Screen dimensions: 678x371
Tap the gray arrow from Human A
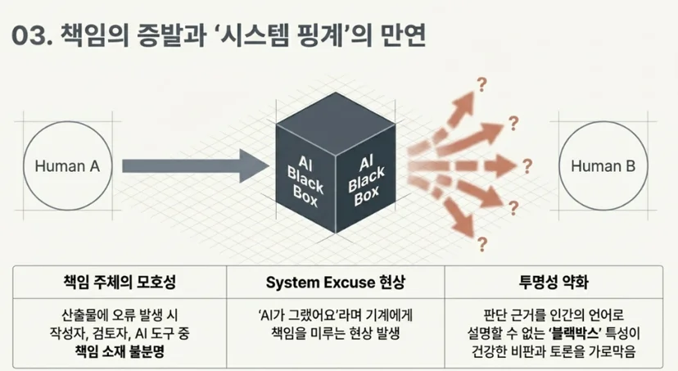coord(196,166)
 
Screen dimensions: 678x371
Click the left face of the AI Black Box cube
coord(305,179)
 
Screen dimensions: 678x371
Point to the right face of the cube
coord(366,179)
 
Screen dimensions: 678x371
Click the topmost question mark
coord(481,84)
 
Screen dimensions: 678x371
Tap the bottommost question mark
coord(482,244)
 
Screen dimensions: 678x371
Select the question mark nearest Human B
coord(527,166)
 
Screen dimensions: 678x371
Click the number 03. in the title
coord(32,35)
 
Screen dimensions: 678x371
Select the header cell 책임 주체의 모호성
coord(120,283)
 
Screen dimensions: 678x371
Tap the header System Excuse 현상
coord(336,283)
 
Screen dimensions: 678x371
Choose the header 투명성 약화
coord(554,283)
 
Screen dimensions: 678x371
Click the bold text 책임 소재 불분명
coord(120,351)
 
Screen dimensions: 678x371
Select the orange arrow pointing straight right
coord(462,166)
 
